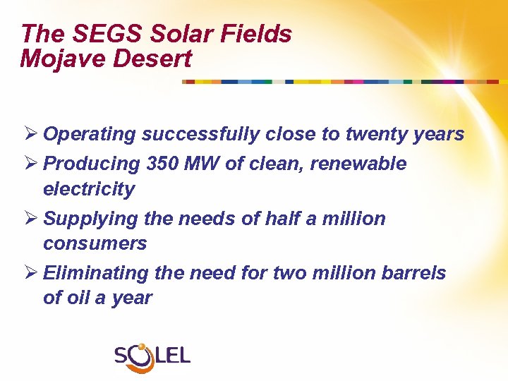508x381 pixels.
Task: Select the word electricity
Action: click(x=88, y=189)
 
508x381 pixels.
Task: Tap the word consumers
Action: click(x=95, y=243)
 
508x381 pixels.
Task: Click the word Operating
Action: click(x=90, y=134)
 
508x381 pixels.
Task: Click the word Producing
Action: click(x=92, y=164)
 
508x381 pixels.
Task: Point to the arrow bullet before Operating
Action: click(x=29, y=134)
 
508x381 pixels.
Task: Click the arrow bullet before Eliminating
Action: click(x=29, y=272)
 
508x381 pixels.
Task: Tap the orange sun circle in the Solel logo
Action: click(x=142, y=348)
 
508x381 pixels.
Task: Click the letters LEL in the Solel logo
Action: click(x=173, y=355)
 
